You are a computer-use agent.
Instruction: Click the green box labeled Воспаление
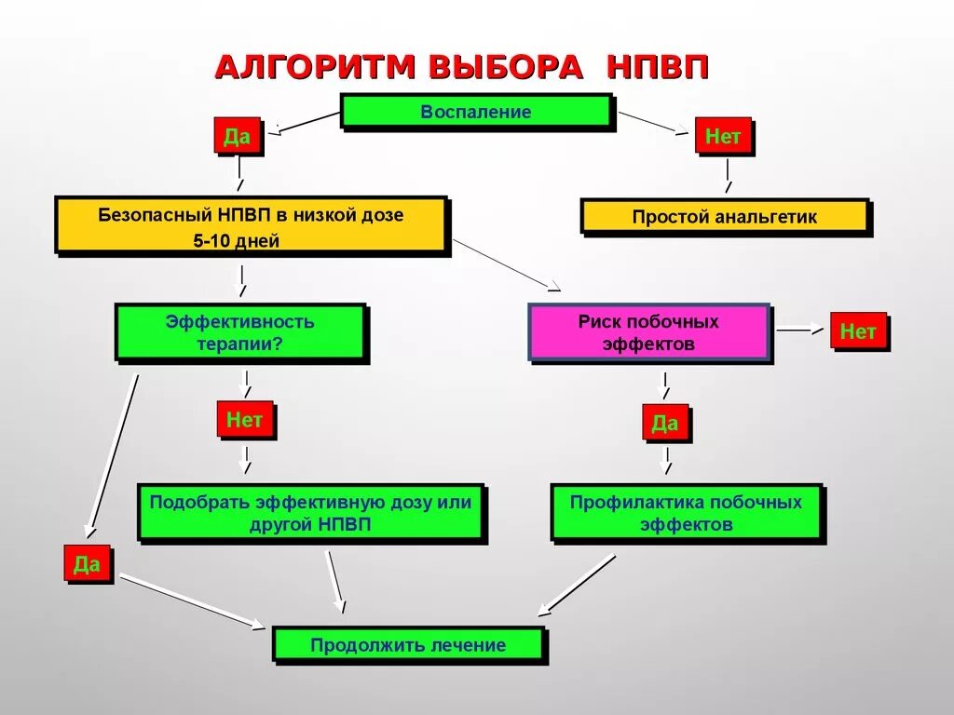475,112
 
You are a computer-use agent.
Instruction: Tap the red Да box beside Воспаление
237,138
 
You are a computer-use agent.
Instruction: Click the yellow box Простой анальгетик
724,217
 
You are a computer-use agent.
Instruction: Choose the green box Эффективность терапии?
239,332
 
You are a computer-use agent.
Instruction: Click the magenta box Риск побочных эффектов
648,332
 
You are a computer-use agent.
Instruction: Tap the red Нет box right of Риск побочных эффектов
857,331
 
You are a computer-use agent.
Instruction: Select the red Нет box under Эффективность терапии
244,420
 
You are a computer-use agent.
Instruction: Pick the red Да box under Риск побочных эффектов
664,424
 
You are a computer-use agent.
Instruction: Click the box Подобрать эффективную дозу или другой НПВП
310,512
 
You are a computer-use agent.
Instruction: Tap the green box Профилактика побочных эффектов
686,512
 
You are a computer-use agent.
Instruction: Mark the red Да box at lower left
87,564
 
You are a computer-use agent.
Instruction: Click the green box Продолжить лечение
408,645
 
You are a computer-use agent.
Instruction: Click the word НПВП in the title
658,68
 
